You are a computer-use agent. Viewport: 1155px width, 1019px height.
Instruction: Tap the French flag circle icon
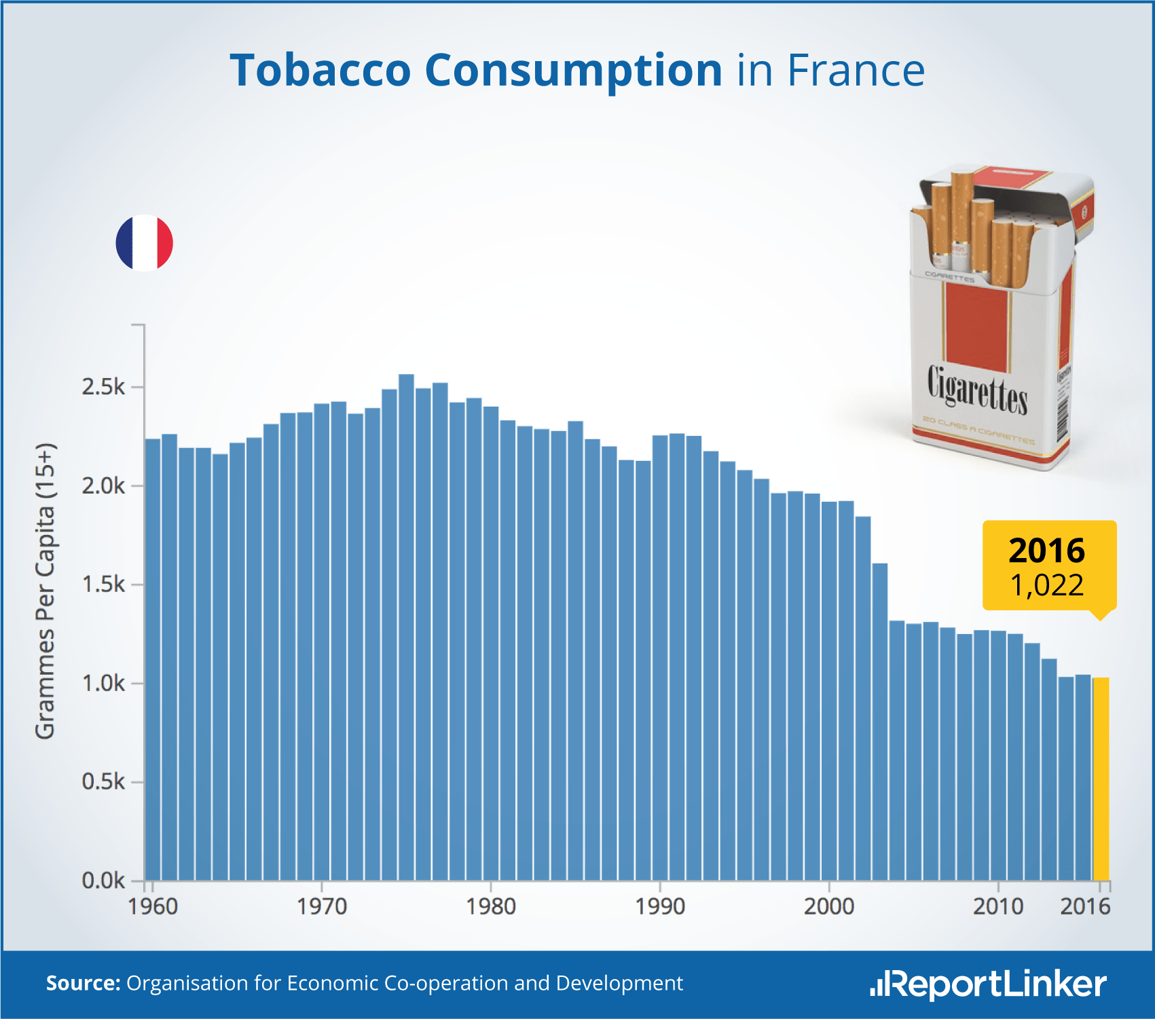pyautogui.click(x=145, y=243)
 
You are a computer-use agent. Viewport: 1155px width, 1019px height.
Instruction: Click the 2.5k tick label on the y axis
pyautogui.click(x=103, y=387)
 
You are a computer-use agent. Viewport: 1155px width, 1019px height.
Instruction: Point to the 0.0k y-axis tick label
pyautogui.click(x=103, y=881)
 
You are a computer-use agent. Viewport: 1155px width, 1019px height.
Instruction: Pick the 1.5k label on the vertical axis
pyautogui.click(x=103, y=585)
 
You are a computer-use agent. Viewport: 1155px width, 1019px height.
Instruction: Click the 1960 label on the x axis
pyautogui.click(x=153, y=906)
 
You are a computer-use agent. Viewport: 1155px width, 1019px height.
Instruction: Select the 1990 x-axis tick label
pyautogui.click(x=660, y=906)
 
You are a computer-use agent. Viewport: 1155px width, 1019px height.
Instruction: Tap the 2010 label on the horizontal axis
pyautogui.click(x=997, y=906)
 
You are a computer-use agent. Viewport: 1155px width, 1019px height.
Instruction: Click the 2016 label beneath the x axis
pyautogui.click(x=1085, y=906)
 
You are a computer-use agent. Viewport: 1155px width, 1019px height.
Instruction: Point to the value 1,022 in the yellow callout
pyautogui.click(x=1046, y=585)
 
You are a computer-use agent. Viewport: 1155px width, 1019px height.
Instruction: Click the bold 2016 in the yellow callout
pyautogui.click(x=1046, y=551)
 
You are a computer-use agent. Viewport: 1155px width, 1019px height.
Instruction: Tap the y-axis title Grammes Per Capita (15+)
pyautogui.click(x=45, y=591)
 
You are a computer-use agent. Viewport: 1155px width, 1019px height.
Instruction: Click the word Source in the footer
pyautogui.click(x=82, y=983)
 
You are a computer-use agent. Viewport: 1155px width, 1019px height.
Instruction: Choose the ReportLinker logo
pyautogui.click(x=988, y=984)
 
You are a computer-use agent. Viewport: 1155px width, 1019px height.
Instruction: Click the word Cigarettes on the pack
pyautogui.click(x=977, y=390)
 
